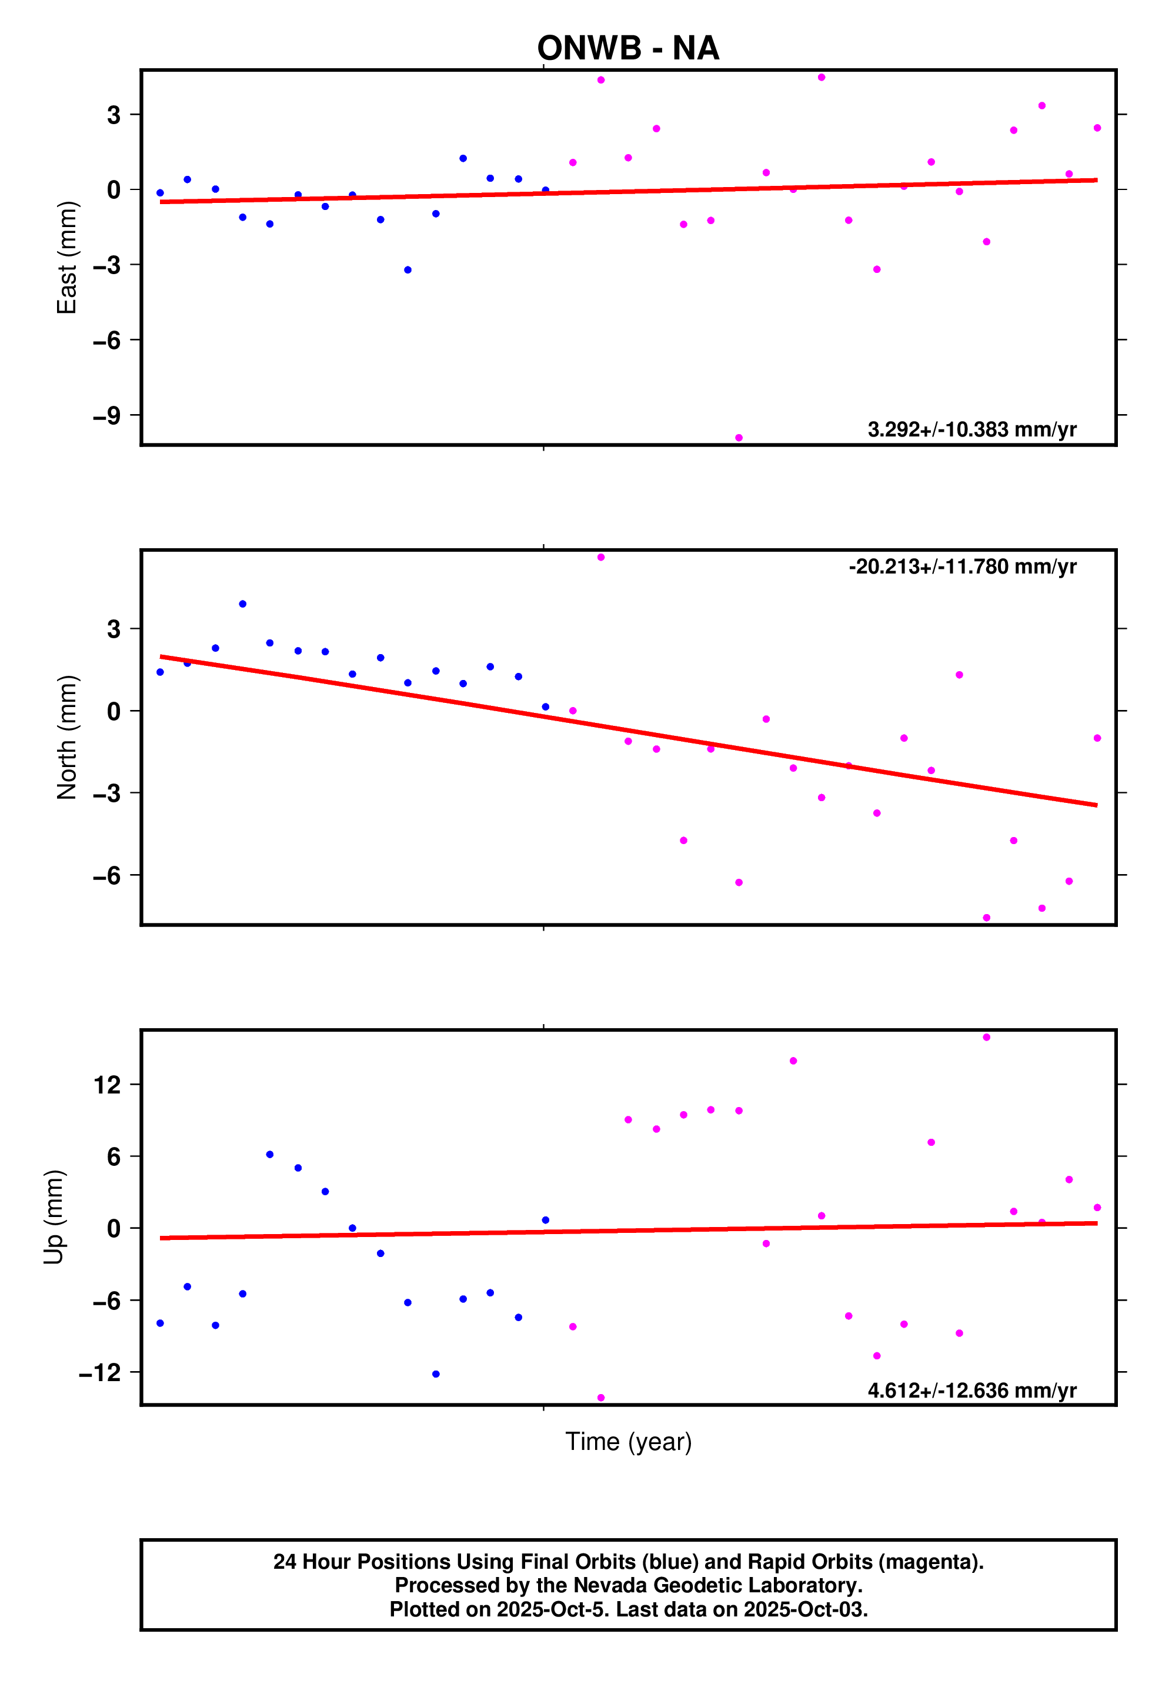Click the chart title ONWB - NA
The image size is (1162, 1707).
[x=627, y=48]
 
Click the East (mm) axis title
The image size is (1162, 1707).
[x=67, y=257]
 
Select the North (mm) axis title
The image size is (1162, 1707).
[x=67, y=736]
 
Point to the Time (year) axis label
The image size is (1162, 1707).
[x=628, y=1442]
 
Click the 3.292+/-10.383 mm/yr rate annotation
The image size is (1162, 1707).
[x=971, y=429]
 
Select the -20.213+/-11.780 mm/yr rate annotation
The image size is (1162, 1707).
[x=962, y=567]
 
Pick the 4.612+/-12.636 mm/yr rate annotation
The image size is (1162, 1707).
[x=971, y=1391]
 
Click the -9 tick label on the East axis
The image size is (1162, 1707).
[x=106, y=416]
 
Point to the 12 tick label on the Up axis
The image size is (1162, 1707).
[x=107, y=1085]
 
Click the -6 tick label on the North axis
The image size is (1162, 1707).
[x=106, y=875]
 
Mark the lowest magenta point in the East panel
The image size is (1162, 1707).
[x=738, y=438]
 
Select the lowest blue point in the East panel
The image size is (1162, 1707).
[x=408, y=269]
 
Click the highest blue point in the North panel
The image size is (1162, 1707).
[x=242, y=604]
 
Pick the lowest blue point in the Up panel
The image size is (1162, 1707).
[x=436, y=1373]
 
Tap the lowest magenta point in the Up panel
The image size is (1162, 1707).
[x=601, y=1397]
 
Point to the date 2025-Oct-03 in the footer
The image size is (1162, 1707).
[x=805, y=1609]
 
